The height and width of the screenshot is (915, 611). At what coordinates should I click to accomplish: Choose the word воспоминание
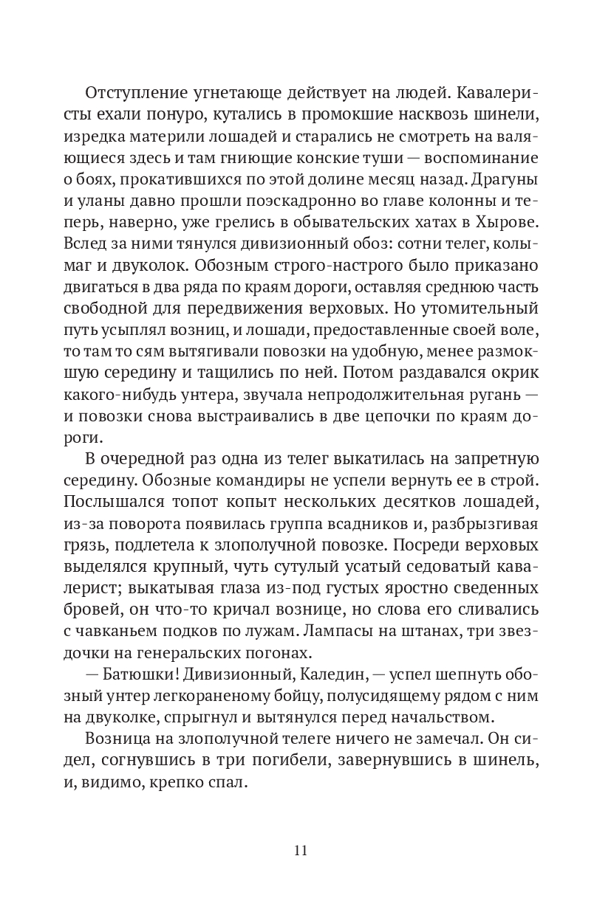(464, 158)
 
